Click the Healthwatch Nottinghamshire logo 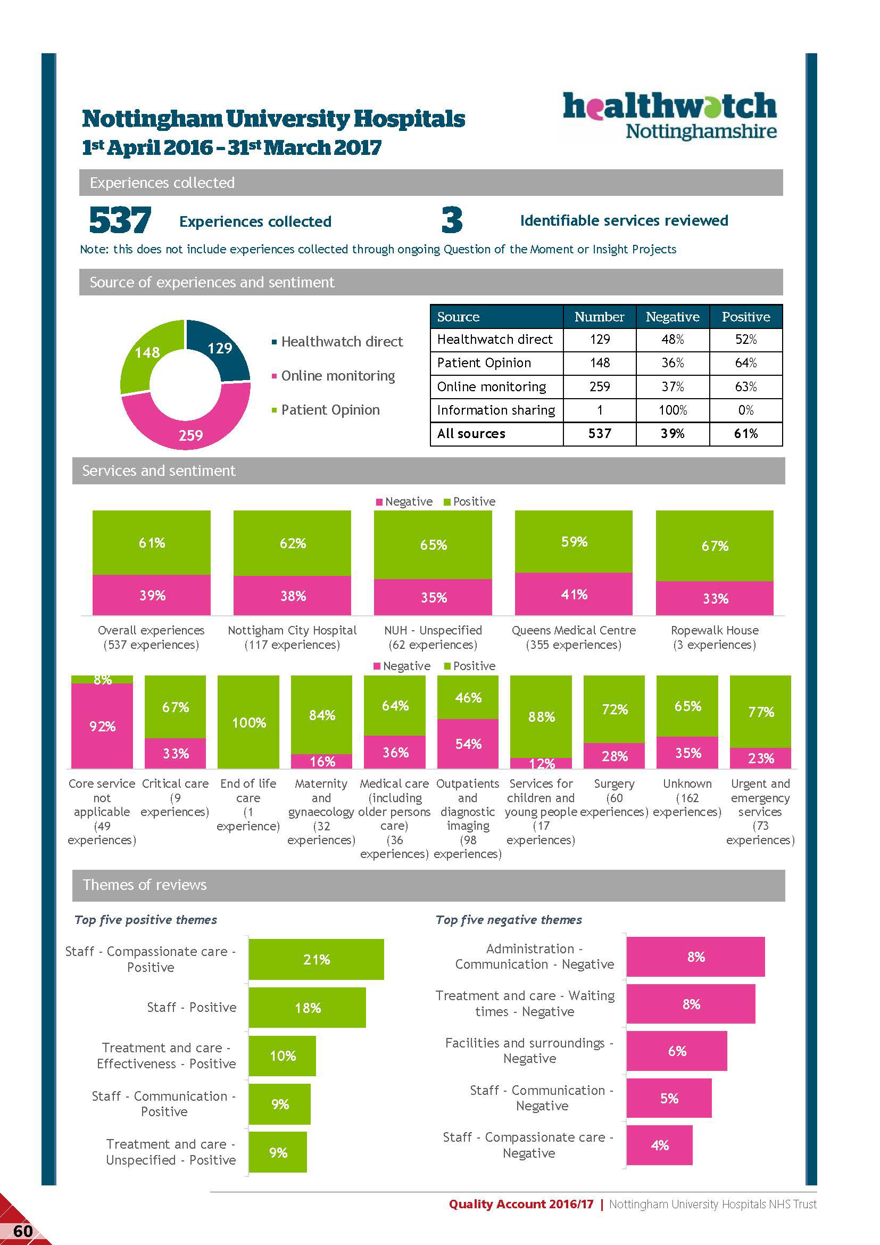point(670,115)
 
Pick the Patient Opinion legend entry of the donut point(329,410)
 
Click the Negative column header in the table point(673,317)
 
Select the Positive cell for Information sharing point(745,410)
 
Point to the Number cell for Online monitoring point(599,386)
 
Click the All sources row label point(471,434)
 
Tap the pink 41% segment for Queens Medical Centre point(574,595)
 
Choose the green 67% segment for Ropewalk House point(714,546)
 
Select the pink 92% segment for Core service point(102,725)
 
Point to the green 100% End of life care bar point(248,722)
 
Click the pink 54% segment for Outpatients point(468,744)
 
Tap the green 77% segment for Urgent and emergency point(760,712)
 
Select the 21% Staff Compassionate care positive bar point(316,959)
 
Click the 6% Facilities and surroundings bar point(676,1051)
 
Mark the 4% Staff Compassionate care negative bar point(659,1145)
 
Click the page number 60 point(23,1232)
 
